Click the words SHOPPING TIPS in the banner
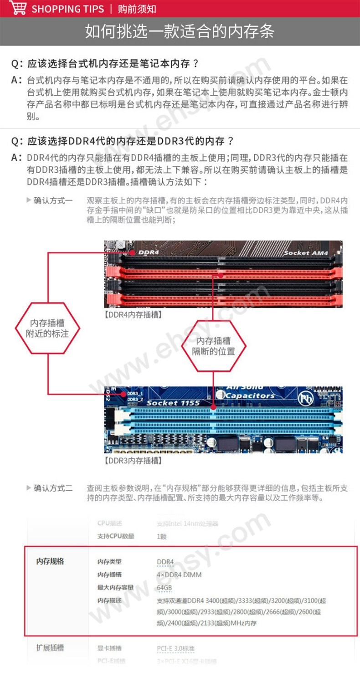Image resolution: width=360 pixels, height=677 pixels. tap(67, 9)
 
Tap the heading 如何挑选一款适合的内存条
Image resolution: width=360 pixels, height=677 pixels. tap(180, 31)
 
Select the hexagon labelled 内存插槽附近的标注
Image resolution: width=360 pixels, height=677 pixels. tap(47, 328)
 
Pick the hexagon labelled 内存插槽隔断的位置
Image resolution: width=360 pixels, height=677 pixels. tap(213, 346)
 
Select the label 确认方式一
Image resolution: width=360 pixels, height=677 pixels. tap(53, 200)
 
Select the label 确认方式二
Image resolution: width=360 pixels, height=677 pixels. tap(53, 488)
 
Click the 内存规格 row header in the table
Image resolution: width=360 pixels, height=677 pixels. tap(50, 561)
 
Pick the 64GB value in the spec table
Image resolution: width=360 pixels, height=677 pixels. tap(164, 588)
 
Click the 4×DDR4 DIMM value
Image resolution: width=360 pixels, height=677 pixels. tap(179, 575)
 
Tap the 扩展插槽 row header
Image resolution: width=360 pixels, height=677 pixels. tap(50, 647)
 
